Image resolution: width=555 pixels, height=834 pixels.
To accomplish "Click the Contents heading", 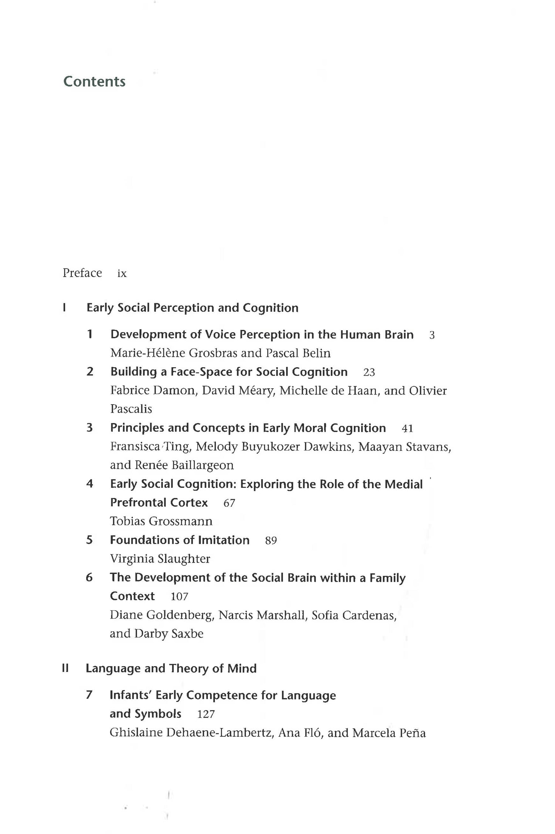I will tap(94, 81).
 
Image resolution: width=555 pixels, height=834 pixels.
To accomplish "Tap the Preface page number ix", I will tap(122, 273).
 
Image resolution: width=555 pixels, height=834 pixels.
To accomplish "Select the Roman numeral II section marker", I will tap(65, 668).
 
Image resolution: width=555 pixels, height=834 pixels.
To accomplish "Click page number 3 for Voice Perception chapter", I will tap(432, 335).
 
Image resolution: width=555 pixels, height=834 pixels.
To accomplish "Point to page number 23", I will tap(369, 372).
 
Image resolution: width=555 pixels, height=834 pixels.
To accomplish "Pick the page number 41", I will tap(407, 428).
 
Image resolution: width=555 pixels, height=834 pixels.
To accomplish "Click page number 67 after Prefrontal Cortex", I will tap(229, 503).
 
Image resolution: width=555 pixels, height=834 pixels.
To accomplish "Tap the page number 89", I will tap(271, 540).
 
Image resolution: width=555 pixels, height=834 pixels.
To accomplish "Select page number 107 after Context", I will tap(179, 597).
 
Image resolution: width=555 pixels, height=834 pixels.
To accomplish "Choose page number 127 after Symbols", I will tap(206, 714).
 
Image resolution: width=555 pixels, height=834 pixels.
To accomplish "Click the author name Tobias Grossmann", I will tap(161, 521).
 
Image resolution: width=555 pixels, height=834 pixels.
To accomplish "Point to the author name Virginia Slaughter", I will tap(160, 558).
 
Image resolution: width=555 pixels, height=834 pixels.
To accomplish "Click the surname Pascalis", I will tap(131, 409).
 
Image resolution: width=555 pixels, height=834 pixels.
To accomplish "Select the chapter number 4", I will tap(90, 484).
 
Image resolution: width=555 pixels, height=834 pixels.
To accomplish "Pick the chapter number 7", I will tap(89, 695).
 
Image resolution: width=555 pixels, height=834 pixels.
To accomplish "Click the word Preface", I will tap(82, 273).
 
